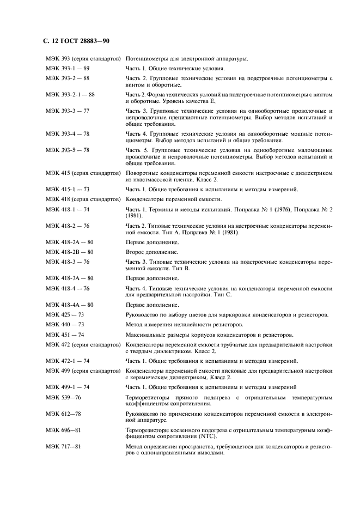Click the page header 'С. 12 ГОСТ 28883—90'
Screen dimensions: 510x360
tap(76, 41)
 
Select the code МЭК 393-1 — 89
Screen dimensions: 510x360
tap(68, 69)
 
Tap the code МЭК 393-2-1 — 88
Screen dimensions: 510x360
tap(70, 94)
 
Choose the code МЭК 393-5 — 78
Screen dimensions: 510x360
tap(68, 150)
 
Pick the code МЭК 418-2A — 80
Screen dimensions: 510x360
tap(70, 241)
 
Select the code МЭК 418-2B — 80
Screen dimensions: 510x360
tap(70, 252)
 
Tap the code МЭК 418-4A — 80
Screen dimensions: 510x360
tap(70, 305)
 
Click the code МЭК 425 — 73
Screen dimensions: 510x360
tap(65, 315)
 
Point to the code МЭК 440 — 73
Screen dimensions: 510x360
tap(65, 325)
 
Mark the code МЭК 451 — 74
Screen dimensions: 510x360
tap(65, 335)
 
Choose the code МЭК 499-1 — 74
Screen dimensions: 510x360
tap(68, 386)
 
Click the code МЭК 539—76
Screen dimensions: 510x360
tap(63, 398)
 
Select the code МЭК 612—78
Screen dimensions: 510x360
tap(63, 415)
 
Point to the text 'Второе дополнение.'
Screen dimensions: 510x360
tap(152, 252)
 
